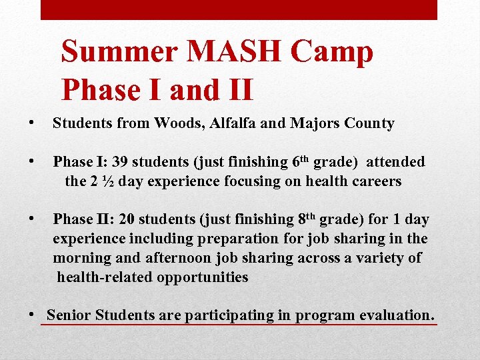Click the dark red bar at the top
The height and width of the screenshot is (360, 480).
[239, 9]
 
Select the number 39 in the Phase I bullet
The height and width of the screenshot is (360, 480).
[121, 162]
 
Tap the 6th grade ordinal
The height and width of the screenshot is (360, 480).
[301, 161]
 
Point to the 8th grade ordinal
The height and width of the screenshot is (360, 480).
[305, 219]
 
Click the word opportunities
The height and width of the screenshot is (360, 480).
[203, 277]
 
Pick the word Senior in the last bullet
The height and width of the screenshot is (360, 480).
[70, 315]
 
